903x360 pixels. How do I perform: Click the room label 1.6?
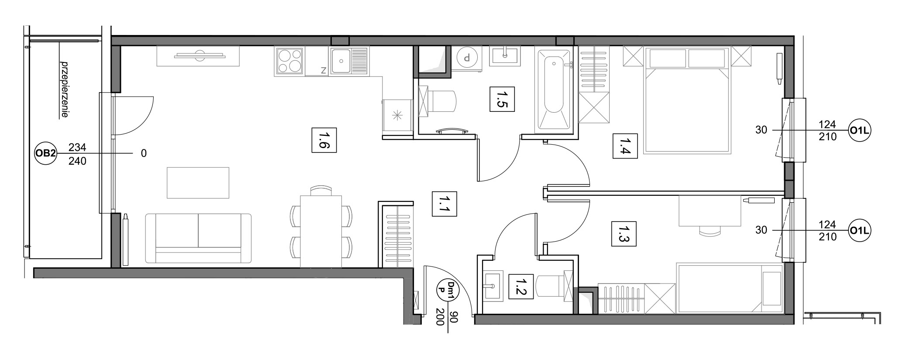tap(324, 140)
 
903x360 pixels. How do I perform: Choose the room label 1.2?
tap(521, 287)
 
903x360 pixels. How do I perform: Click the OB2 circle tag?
tap(45, 153)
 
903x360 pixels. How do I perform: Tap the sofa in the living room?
tap(198, 239)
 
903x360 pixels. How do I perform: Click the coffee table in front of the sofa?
tap(198, 183)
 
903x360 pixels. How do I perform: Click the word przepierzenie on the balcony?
tap(65, 89)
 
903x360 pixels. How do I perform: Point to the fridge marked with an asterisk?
tap(397, 115)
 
